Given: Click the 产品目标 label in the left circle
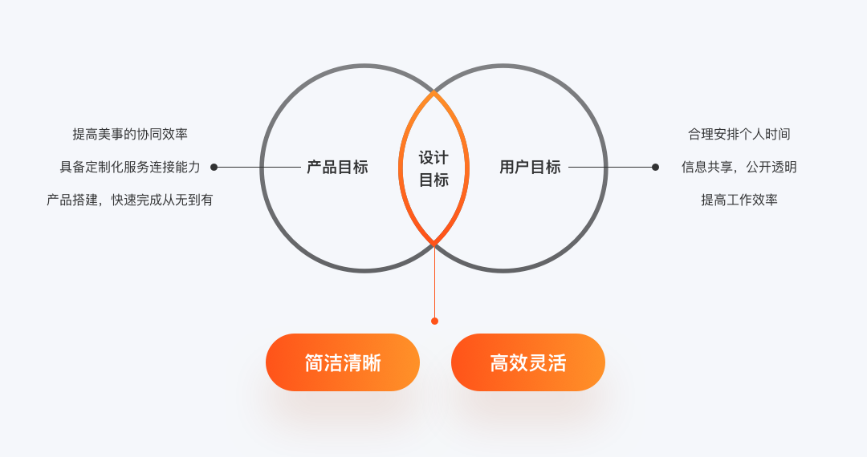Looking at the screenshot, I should [x=337, y=168].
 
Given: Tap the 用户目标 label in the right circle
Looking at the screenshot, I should [x=530, y=168].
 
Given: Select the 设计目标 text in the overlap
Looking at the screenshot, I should [x=433, y=168].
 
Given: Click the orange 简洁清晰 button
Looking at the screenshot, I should [x=343, y=362].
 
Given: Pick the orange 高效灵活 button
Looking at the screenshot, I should [x=528, y=362].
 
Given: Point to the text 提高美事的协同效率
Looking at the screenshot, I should [x=130, y=134].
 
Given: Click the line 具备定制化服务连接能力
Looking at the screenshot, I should [x=130, y=167].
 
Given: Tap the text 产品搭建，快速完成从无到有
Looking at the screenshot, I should [x=130, y=200].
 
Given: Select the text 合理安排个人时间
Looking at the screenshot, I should [x=739, y=134].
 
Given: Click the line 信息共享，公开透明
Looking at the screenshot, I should [x=739, y=167].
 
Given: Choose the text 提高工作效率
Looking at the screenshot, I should [x=739, y=200].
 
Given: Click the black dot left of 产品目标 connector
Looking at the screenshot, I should [x=214, y=168].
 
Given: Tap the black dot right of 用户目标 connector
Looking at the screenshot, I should [x=655, y=168].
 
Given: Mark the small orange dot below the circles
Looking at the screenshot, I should [x=434, y=321].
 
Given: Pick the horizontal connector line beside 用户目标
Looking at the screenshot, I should [x=610, y=168].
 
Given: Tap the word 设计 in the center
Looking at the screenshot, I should [x=433, y=157].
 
